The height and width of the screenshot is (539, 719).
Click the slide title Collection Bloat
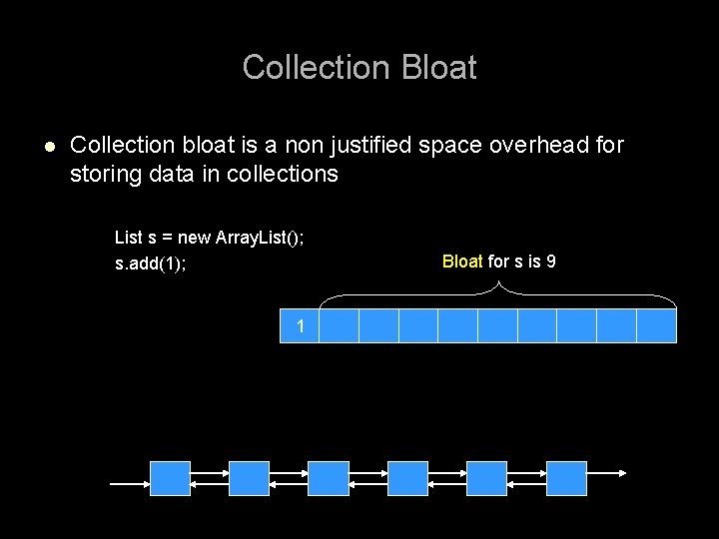(359, 68)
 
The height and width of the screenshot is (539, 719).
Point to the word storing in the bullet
(104, 175)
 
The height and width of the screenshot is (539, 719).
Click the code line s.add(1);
(151, 265)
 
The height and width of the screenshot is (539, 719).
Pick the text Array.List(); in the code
(259, 238)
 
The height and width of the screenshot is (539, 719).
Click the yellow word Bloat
(462, 262)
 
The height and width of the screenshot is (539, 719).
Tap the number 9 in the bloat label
(550, 262)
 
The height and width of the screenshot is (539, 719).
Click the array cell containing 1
(300, 325)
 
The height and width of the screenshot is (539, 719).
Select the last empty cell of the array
(656, 325)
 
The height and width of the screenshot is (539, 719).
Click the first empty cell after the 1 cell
(339, 325)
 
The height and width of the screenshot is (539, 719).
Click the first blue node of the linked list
(170, 478)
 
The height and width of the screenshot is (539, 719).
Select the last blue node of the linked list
(566, 478)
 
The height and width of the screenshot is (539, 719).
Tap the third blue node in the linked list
(329, 478)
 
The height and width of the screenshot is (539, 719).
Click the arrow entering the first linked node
(130, 483)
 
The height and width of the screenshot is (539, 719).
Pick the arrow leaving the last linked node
(606, 473)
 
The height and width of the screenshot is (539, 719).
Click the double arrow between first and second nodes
(210, 478)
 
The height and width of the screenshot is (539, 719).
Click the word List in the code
(128, 238)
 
